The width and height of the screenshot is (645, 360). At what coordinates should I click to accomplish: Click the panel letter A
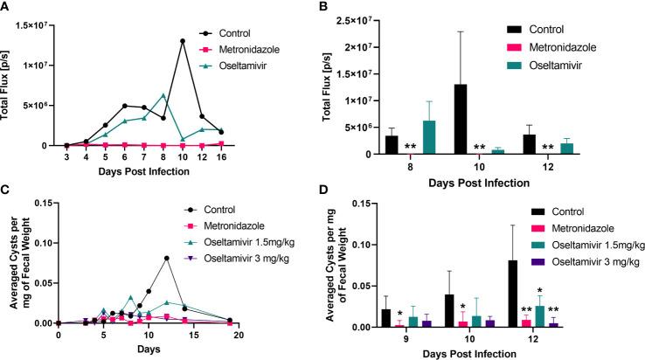click(7, 7)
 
